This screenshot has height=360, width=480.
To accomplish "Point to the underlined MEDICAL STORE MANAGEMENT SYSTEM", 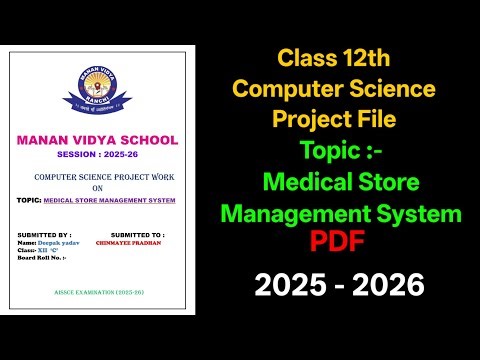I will (x=110, y=200).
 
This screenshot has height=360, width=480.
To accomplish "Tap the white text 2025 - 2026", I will (x=338, y=287).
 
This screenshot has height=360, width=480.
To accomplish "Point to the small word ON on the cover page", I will (x=97, y=186).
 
